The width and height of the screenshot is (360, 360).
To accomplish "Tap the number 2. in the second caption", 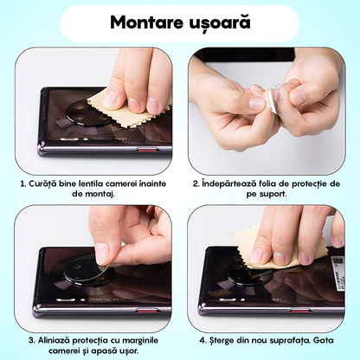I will (x=197, y=183).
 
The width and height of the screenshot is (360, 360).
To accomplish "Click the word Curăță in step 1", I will (x=42, y=183).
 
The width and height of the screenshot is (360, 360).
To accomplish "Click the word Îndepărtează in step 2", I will (x=234, y=183).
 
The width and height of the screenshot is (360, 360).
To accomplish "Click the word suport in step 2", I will (x=283, y=196).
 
